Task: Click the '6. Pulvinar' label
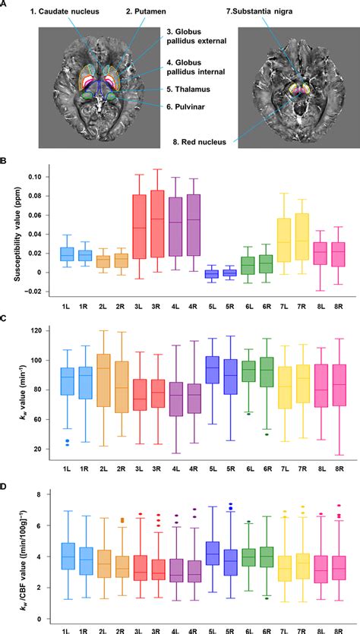[190, 107]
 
